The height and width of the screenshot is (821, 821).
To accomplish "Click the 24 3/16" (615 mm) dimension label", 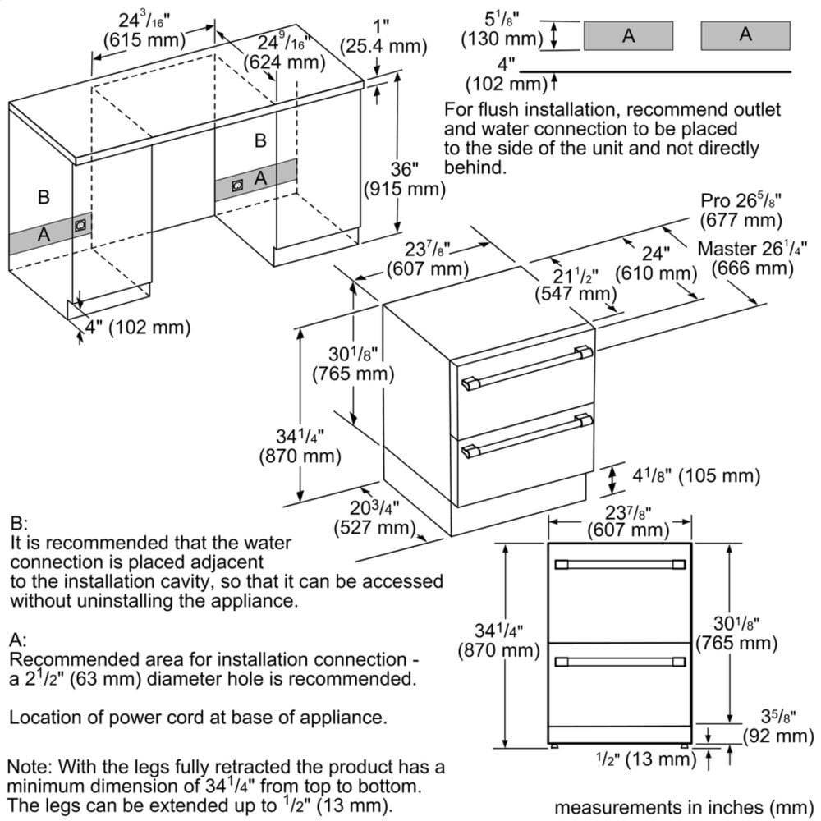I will (x=140, y=29).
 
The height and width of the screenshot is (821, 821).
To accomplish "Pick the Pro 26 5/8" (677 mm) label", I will (x=741, y=210).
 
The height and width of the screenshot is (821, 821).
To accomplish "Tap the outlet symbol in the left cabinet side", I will (x=80, y=225).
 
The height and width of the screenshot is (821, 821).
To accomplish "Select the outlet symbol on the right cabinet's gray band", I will (x=237, y=186).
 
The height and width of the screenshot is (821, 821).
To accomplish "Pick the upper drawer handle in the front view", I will (x=621, y=565).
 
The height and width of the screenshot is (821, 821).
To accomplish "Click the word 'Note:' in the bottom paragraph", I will (x=30, y=766).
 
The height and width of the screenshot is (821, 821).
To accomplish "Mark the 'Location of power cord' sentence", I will (x=197, y=717).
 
